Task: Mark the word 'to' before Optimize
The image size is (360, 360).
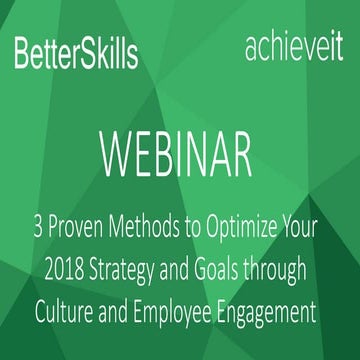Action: tap(203, 228)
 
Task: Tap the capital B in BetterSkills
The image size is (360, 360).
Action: tap(23, 54)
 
